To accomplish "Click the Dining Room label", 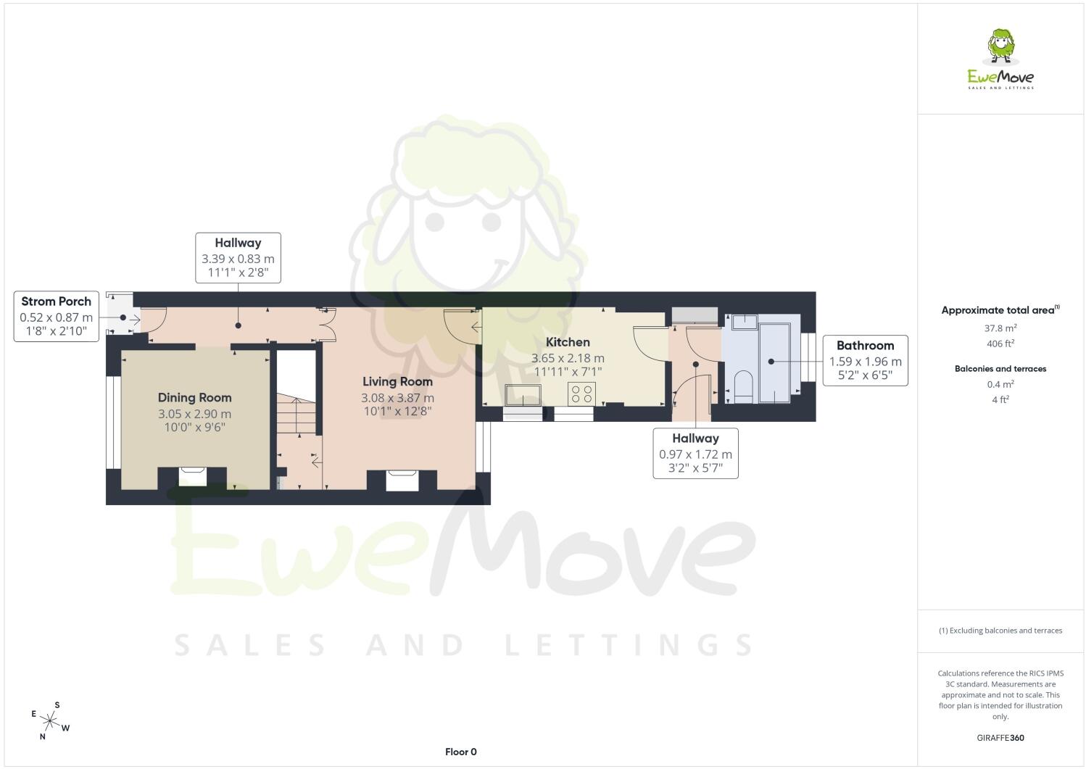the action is pos(194,398).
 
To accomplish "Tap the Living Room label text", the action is pos(397,382).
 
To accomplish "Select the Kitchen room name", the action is pos(568,342).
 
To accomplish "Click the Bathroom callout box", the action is pos(865,360).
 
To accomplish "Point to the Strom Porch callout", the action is pos(57,317).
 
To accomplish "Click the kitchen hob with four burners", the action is pos(581,394).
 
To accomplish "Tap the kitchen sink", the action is pos(523,395).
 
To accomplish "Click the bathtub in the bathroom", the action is pos(775,363).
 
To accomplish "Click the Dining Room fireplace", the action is pos(192,476).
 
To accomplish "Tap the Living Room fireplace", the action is pos(402,481).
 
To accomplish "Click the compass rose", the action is pos(50,721).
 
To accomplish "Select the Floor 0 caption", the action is pos(460,752).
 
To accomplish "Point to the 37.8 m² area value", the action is pos(1000,328).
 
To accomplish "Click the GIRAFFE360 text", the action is pos(1000,738).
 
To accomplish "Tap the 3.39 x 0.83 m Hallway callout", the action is pos(238,258).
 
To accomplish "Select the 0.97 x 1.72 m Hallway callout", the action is pos(695,453).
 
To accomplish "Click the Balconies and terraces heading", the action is pos(1000,369).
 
